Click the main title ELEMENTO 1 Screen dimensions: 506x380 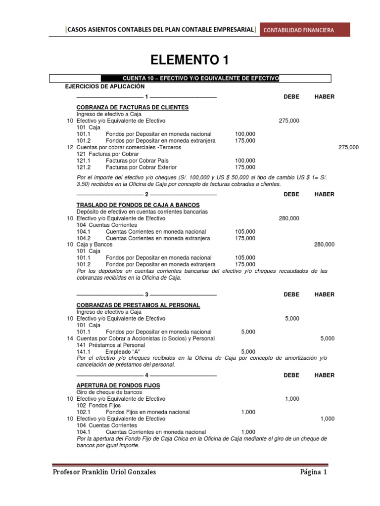pos(190,60)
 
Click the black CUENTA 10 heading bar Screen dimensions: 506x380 pos(190,78)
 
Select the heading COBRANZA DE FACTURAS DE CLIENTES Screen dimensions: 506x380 pos(133,107)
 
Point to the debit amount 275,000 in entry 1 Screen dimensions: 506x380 pos(289,121)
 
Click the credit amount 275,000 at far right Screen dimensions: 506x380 pos(349,147)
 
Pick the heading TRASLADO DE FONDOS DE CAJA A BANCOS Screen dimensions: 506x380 pos(138,205)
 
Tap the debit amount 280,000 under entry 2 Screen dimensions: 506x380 pos(289,218)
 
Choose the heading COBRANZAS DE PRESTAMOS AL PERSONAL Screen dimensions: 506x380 pos(138,305)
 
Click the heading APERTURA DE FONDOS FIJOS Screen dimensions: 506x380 pos(118,385)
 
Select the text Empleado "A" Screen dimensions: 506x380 pos(123,352)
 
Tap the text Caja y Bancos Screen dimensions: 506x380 pos(95,245)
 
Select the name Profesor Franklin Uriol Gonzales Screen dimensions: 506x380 pos(104,472)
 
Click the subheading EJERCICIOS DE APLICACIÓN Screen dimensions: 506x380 pos(105,86)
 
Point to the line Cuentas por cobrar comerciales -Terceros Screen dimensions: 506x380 pos(129,147)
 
